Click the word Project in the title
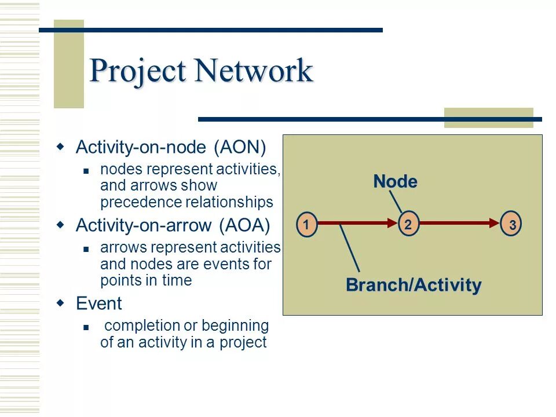click(x=139, y=71)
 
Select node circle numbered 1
click(x=307, y=224)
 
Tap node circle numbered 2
click(x=408, y=224)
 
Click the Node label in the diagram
click(x=395, y=182)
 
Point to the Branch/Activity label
click(x=413, y=285)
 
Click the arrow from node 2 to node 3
click(x=458, y=223)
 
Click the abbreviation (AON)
click(x=240, y=148)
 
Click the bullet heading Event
click(x=99, y=303)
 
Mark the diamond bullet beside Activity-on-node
click(x=60, y=147)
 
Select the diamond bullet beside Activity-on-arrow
click(x=60, y=225)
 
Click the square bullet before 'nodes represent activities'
click(x=86, y=171)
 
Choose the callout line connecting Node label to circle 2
click(x=396, y=201)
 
